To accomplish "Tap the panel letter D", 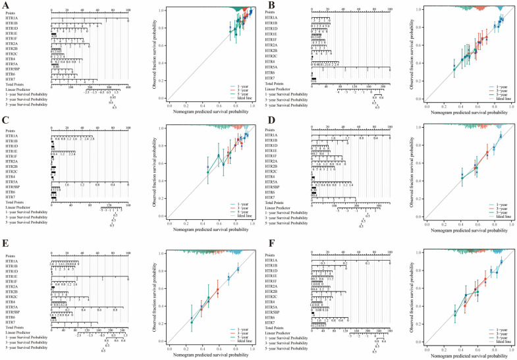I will (x=265, y=122).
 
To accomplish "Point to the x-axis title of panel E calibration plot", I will (x=209, y=355).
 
